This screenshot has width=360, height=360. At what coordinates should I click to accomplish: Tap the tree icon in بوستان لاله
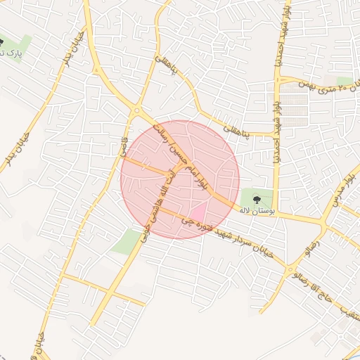tap(256, 198)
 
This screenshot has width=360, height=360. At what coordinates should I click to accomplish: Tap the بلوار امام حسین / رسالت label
tap(185, 159)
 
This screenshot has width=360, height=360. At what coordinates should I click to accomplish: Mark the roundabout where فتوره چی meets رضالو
tap(290, 268)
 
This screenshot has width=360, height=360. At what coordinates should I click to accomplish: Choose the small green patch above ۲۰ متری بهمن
tap(344, 81)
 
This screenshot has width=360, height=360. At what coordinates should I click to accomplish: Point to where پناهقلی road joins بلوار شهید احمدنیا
tap(274, 133)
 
